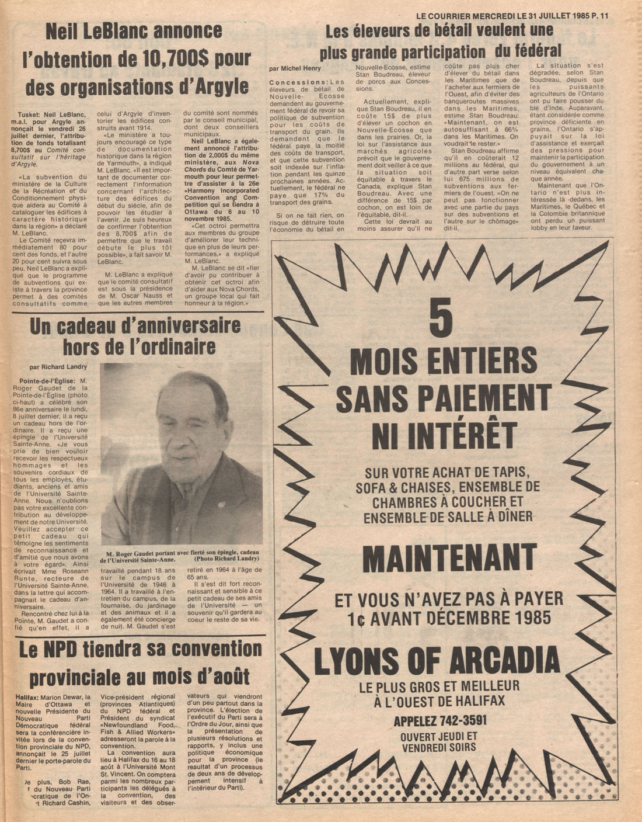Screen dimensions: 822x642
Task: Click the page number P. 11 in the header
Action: (x=599, y=16)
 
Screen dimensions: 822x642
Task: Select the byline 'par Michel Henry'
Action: (x=295, y=68)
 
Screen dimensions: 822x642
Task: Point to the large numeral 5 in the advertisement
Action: (x=441, y=318)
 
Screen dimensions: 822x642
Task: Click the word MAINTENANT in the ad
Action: (x=449, y=559)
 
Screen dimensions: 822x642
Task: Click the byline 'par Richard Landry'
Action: (x=58, y=367)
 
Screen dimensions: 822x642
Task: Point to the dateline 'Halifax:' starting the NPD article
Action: (x=28, y=697)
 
